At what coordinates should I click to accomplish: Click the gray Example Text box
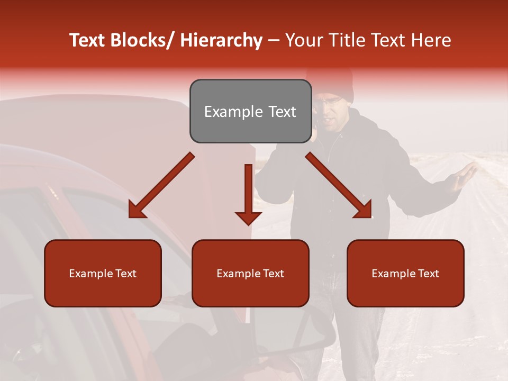click(x=250, y=111)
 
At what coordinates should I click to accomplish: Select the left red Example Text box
click(x=103, y=273)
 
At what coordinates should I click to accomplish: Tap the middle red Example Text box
click(x=250, y=273)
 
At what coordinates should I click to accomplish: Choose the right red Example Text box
click(x=405, y=273)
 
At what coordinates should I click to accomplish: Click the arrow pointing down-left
click(x=162, y=185)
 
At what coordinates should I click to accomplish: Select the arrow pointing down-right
click(x=339, y=185)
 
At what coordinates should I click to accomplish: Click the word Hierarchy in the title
click(x=221, y=40)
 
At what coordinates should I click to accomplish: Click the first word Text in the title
click(x=87, y=40)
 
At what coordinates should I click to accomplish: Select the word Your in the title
click(x=303, y=40)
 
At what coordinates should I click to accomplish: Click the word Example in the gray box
click(x=226, y=112)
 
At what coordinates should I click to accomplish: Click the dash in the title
click(x=274, y=40)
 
